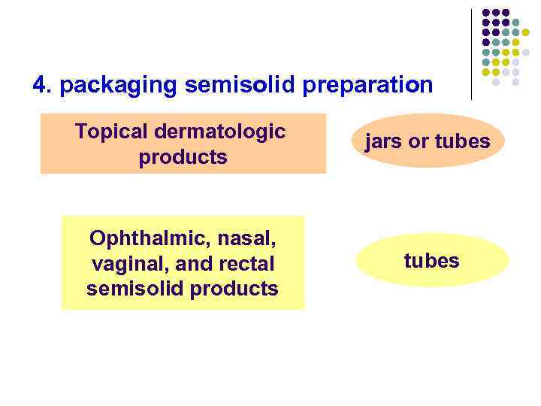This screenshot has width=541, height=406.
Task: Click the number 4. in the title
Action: (43, 85)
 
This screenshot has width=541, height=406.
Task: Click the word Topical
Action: (110, 132)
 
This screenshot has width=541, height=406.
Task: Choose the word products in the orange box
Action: (183, 158)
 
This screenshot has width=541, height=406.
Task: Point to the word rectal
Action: (246, 264)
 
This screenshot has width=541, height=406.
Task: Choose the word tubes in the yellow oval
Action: (431, 260)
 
